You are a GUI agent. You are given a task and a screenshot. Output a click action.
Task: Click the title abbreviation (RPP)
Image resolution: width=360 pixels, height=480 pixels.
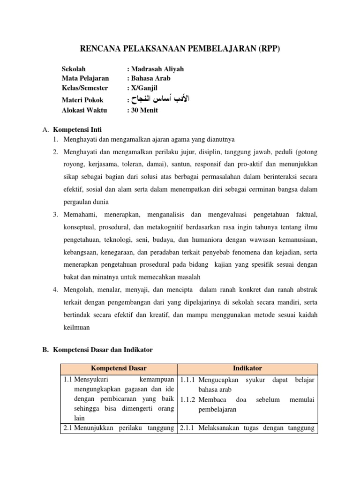[x=267, y=49]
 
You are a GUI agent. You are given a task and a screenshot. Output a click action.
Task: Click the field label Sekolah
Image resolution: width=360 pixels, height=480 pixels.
[x=74, y=69]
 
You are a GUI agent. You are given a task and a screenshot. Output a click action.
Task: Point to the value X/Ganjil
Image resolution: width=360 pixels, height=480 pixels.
[x=144, y=88]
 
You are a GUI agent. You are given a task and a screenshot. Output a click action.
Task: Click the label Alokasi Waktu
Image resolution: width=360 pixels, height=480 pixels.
[x=84, y=110]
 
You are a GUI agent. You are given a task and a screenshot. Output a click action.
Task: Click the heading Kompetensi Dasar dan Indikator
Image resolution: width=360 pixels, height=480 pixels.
[x=103, y=350]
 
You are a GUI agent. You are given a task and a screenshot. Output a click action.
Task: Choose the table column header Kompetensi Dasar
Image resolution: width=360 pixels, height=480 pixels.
[x=119, y=369]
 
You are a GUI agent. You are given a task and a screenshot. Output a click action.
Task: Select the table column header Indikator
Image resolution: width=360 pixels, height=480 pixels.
[x=248, y=369]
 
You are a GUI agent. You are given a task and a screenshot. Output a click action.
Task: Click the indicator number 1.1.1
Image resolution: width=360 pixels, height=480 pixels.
[x=188, y=380]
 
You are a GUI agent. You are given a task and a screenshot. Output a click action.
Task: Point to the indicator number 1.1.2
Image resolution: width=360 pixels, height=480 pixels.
[x=188, y=399]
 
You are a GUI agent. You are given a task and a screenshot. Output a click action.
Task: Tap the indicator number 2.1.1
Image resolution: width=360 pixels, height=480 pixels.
[x=188, y=429]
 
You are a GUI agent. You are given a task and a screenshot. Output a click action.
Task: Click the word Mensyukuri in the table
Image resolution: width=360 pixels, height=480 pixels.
[x=91, y=380]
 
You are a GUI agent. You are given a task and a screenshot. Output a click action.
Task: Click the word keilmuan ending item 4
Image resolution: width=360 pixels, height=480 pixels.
[x=76, y=328]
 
